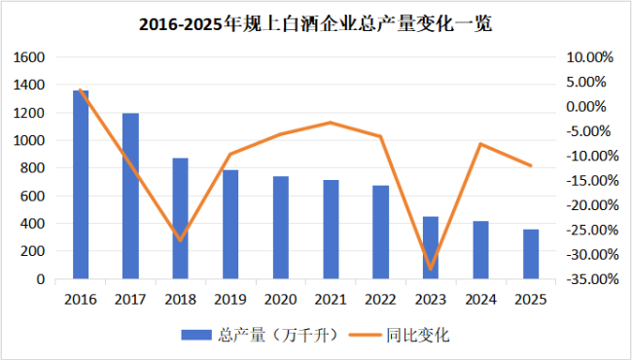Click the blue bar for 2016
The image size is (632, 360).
81,185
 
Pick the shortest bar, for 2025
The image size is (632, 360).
531,254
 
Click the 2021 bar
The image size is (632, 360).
331,229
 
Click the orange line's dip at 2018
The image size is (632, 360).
181,240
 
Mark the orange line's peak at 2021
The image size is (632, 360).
331,123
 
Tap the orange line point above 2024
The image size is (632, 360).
480,144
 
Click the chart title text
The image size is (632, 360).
316,25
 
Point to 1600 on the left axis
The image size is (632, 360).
28,57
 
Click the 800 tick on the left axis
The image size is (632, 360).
32,168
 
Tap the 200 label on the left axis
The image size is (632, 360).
32,251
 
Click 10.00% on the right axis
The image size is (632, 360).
590,57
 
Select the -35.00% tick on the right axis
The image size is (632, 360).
588,279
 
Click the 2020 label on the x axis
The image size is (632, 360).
280,300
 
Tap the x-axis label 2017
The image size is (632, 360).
130,300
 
